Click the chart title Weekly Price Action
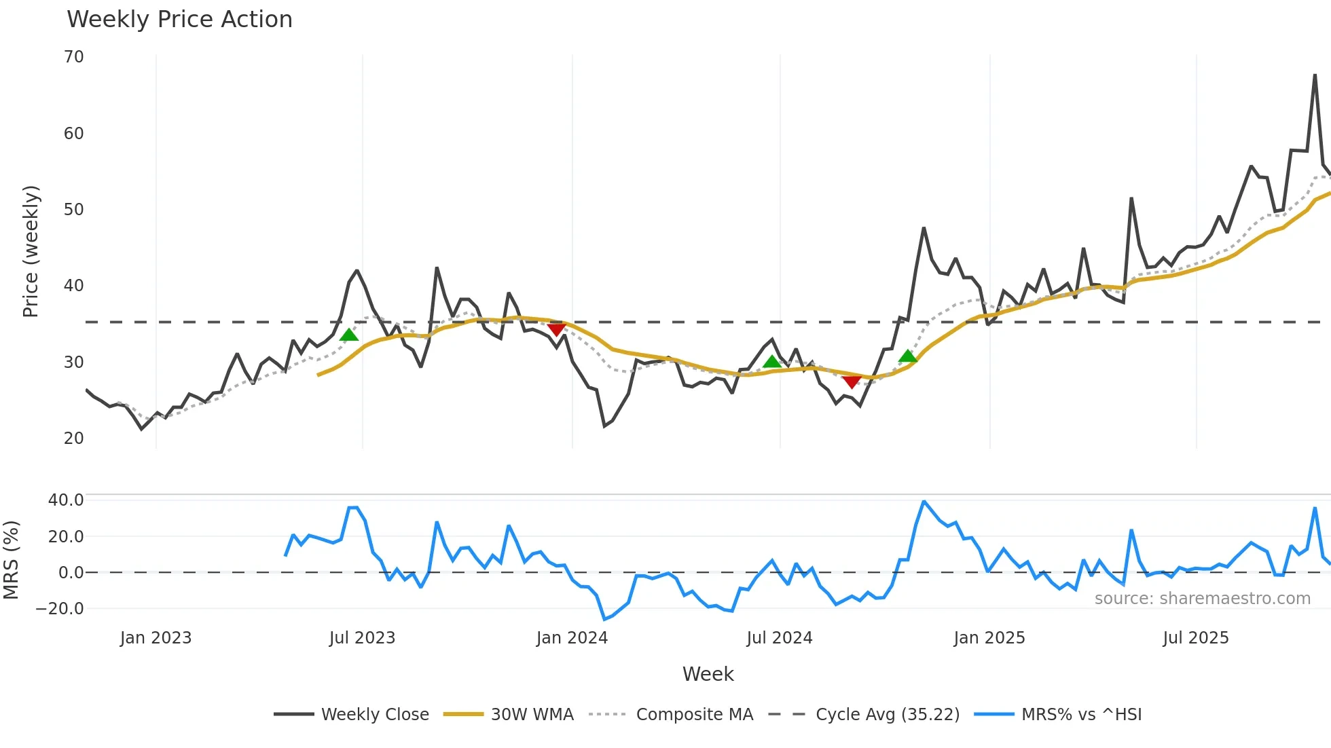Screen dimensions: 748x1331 click(x=179, y=20)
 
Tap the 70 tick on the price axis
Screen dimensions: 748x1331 click(x=74, y=57)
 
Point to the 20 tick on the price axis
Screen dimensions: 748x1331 click(x=74, y=438)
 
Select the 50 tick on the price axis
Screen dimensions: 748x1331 click(x=74, y=210)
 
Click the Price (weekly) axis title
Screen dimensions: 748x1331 click(x=31, y=252)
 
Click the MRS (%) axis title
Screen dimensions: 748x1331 click(x=11, y=560)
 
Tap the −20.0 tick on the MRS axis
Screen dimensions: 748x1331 click(x=59, y=609)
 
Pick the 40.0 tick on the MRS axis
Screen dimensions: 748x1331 click(x=66, y=500)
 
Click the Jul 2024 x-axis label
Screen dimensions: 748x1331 click(x=779, y=638)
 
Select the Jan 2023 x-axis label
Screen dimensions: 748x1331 click(x=156, y=638)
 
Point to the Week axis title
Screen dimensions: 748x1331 click(x=708, y=674)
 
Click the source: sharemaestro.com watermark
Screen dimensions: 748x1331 click(x=1202, y=599)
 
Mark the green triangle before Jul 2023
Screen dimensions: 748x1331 click(x=348, y=335)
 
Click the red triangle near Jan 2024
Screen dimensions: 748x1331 click(x=556, y=330)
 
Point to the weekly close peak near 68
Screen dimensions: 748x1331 click(x=1315, y=75)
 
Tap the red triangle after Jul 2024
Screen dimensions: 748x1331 click(x=852, y=382)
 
